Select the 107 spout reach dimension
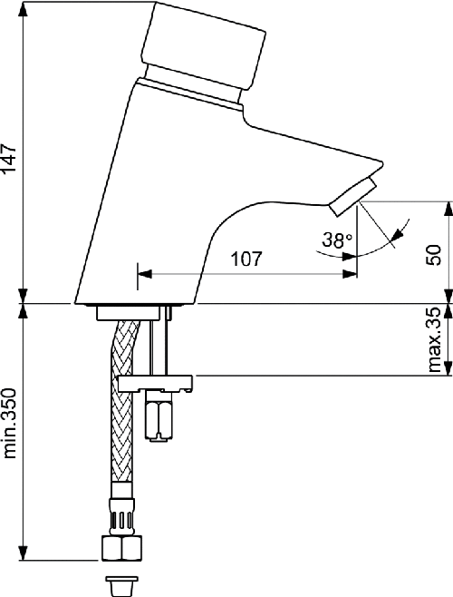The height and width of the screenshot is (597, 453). coord(246,259)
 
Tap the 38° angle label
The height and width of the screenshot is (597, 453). coord(336,240)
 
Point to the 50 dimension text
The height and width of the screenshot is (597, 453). coord(434,254)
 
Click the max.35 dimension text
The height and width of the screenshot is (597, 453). coord(434,340)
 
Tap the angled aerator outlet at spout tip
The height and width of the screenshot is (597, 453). coord(354,198)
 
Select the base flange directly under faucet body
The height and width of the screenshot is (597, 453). coord(132,312)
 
